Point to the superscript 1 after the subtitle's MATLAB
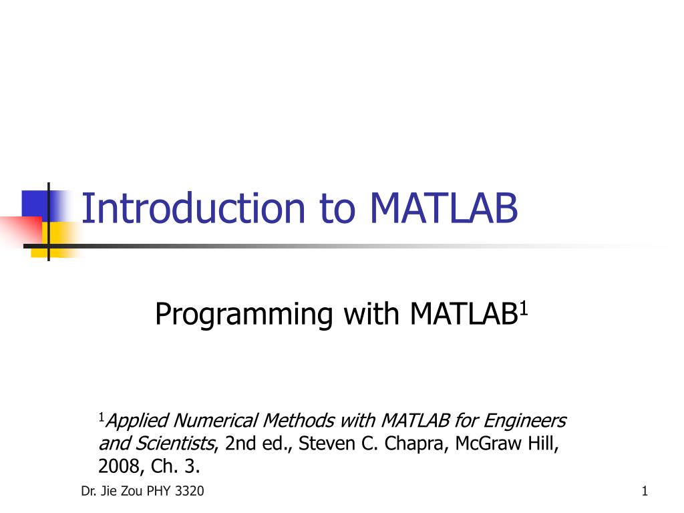(524, 308)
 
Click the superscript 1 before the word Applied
(102, 417)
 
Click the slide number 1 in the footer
(645, 492)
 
